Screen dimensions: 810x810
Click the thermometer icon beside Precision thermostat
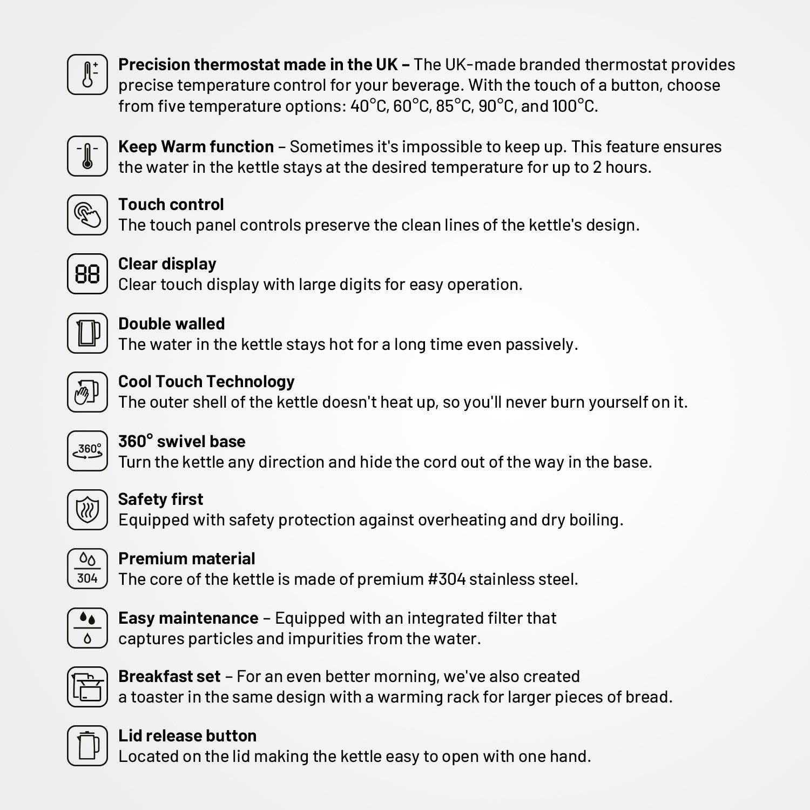(87, 75)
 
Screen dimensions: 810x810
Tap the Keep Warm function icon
(87, 156)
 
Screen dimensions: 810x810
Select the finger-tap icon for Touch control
(87, 215)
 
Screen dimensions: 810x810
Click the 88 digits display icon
(87, 274)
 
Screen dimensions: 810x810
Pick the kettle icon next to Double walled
(87, 333)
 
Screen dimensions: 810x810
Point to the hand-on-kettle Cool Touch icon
(87, 391)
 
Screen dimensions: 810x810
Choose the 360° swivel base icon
(87, 451)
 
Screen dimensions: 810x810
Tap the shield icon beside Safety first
(87, 510)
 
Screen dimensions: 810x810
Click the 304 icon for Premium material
(87, 569)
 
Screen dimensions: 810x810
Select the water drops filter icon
(87, 628)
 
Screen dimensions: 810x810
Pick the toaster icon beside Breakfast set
(87, 687)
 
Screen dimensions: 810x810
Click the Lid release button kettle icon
(87, 746)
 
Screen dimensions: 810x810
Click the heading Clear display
(167, 264)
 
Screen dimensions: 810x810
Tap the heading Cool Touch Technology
(206, 382)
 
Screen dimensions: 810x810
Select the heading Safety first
(160, 500)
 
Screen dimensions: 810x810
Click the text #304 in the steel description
(447, 579)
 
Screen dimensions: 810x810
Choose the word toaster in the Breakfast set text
(157, 697)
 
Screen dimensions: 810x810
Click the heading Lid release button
(187, 736)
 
